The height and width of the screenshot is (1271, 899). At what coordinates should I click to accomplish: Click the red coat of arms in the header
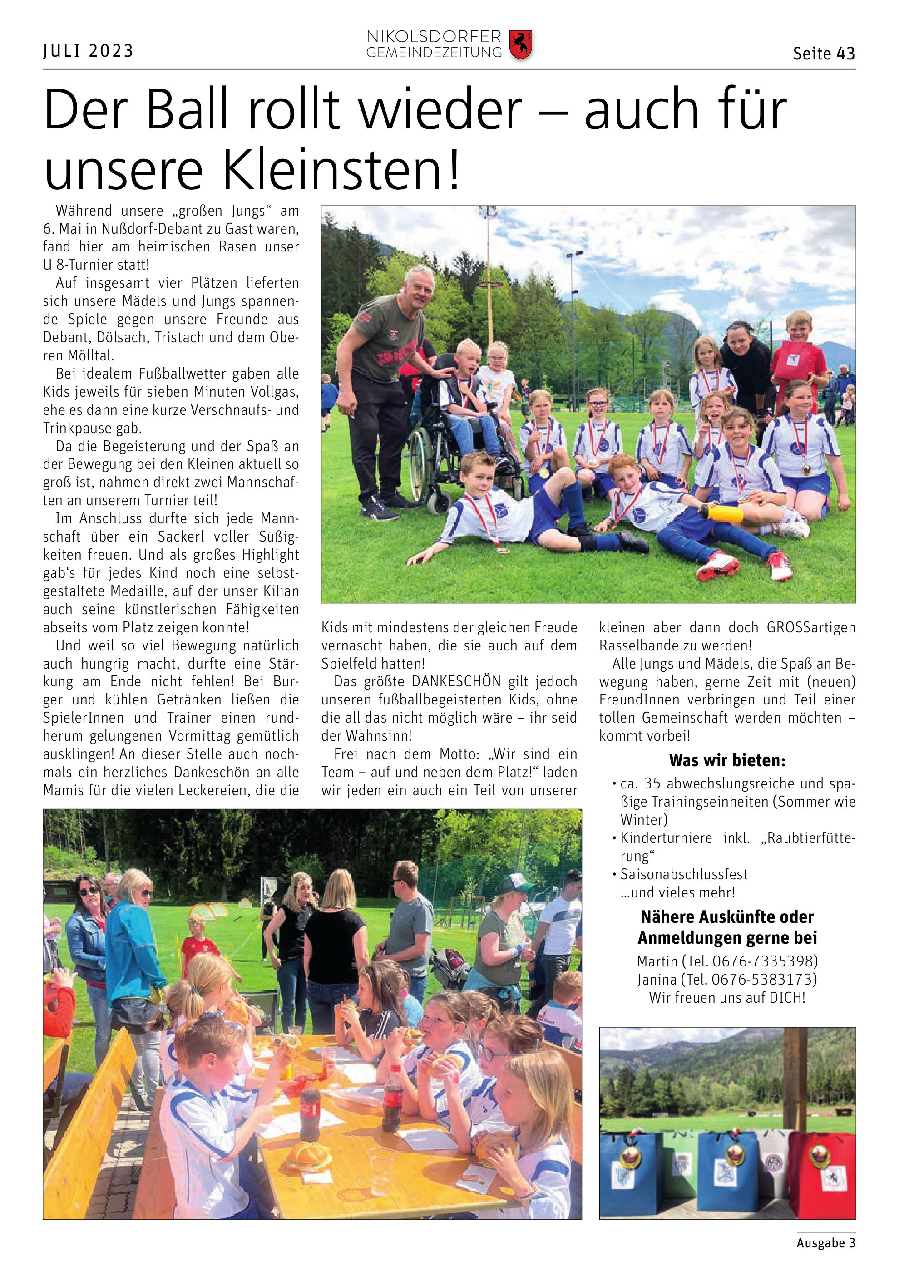[520, 45]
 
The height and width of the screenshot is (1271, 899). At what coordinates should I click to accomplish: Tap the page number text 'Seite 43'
[824, 54]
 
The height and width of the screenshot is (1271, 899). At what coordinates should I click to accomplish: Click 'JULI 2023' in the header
[89, 51]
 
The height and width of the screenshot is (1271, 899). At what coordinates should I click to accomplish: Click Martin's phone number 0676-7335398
[765, 961]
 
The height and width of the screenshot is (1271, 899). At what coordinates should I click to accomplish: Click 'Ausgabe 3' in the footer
[825, 1243]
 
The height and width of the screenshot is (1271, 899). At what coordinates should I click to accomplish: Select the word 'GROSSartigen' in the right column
[811, 628]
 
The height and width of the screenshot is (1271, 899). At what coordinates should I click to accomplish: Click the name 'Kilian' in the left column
[280, 591]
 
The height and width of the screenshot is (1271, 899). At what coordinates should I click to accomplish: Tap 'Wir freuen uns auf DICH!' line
[727, 998]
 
